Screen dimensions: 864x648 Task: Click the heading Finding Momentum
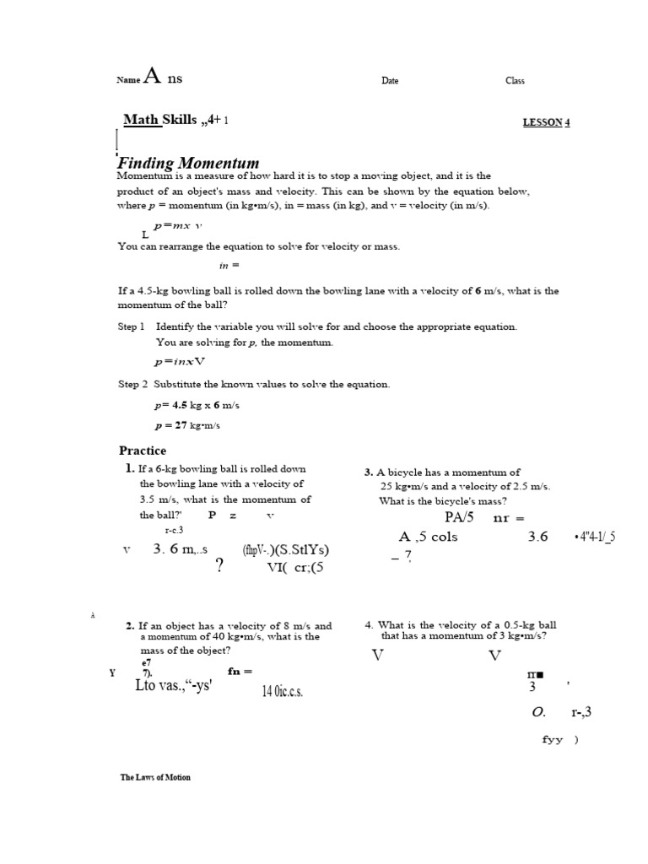(x=188, y=163)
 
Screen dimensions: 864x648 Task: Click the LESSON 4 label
(x=547, y=122)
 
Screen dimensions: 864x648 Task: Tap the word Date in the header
(x=390, y=81)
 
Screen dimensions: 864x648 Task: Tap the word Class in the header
(x=515, y=81)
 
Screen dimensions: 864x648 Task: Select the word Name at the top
(x=127, y=81)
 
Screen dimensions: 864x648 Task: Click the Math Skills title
(x=159, y=120)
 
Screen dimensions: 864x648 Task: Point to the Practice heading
(x=143, y=451)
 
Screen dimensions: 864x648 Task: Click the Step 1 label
(x=132, y=327)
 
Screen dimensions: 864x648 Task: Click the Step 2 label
(x=132, y=384)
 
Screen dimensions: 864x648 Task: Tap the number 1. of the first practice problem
(x=129, y=468)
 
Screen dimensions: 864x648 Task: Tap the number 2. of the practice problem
(x=130, y=626)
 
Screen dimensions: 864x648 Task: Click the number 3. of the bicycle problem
(x=369, y=473)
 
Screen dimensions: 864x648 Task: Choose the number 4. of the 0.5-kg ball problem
(x=369, y=625)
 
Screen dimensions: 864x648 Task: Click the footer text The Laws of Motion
(x=155, y=777)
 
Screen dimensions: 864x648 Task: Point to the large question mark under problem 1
(x=219, y=566)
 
